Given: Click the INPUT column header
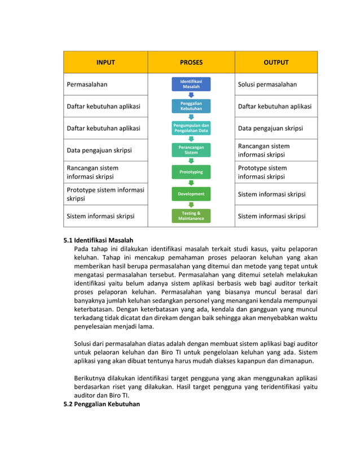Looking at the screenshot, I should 106,63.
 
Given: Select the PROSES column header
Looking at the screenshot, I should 191,63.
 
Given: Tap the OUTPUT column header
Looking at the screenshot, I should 276,63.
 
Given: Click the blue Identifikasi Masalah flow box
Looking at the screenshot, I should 191,85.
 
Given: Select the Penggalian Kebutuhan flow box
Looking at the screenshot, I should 191,106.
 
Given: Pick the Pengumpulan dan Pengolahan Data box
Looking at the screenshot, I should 191,128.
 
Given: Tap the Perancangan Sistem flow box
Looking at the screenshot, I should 191,150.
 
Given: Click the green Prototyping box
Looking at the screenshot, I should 191,172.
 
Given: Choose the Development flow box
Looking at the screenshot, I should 191,194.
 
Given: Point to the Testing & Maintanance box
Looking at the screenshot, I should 191,216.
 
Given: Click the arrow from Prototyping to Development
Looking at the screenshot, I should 191,183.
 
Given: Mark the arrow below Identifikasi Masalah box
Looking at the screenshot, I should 191,95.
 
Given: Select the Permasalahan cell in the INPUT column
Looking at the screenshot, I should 87,85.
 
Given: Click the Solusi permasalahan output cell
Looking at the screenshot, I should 267,85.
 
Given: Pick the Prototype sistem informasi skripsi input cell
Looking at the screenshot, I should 106,194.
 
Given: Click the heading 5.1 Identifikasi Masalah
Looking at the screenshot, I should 98,240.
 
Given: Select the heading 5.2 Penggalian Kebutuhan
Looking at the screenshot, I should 102,404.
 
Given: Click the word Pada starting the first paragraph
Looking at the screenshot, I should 81,249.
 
